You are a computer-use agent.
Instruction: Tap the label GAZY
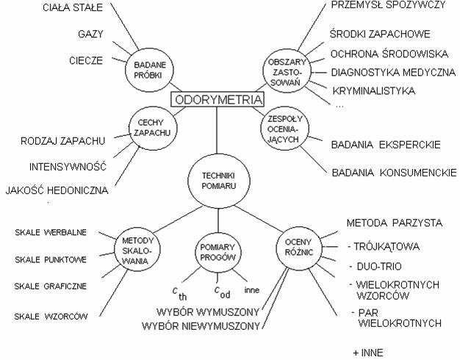click(90, 34)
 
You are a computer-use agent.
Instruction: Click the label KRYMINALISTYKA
click(374, 90)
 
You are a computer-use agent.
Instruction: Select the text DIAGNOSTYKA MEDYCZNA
click(393, 72)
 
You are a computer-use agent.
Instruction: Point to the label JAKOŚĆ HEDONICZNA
click(57, 190)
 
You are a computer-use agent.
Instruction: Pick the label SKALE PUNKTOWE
click(51, 259)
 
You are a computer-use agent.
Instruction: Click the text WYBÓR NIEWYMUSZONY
click(201, 326)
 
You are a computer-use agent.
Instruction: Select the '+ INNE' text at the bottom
click(368, 353)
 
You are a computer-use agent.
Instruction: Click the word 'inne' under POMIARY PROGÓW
click(252, 290)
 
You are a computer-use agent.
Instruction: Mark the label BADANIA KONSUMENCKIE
click(394, 173)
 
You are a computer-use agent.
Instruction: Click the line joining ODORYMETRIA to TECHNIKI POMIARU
click(217, 130)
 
